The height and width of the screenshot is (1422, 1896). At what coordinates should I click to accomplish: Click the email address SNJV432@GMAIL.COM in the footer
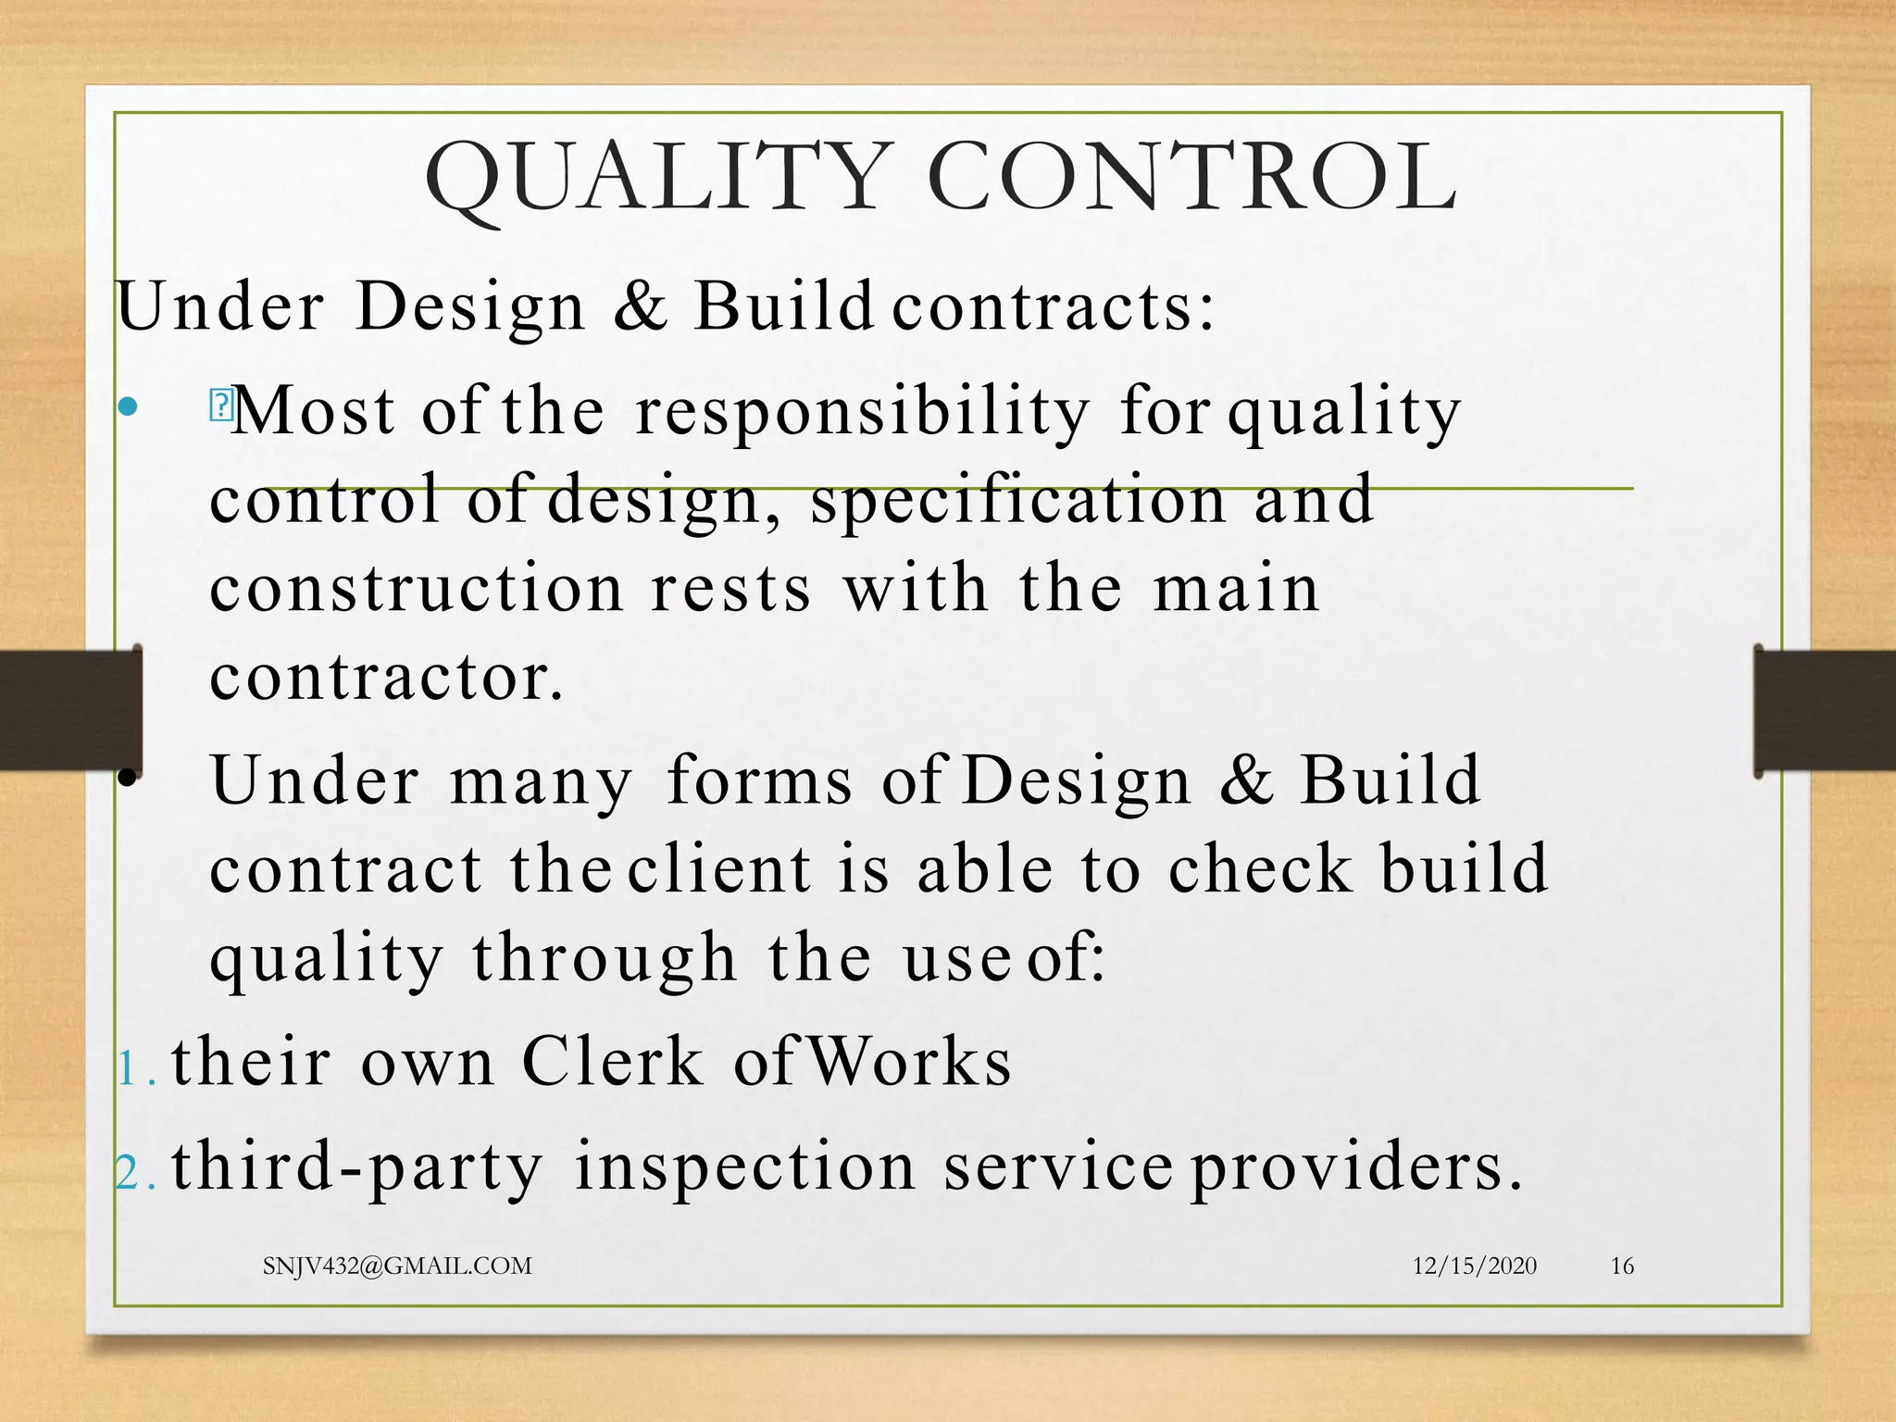click(x=397, y=1266)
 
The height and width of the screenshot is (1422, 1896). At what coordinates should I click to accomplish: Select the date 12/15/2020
click(x=1474, y=1266)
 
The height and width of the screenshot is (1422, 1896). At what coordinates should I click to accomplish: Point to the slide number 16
click(x=1622, y=1266)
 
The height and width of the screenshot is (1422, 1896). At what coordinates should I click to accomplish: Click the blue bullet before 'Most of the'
click(x=129, y=406)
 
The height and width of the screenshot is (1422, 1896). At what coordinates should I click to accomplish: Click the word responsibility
click(x=863, y=412)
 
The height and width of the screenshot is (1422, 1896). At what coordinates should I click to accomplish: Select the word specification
click(x=1018, y=501)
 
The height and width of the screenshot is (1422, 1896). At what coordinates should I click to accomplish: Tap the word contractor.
click(x=385, y=679)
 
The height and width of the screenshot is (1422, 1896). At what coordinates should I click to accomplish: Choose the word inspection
click(x=745, y=1166)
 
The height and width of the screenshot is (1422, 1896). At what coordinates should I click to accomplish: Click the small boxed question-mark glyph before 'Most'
click(x=222, y=405)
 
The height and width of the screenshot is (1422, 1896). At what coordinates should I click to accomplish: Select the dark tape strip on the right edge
click(x=1824, y=710)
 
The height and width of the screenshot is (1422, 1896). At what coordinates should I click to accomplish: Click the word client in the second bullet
click(x=720, y=869)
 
